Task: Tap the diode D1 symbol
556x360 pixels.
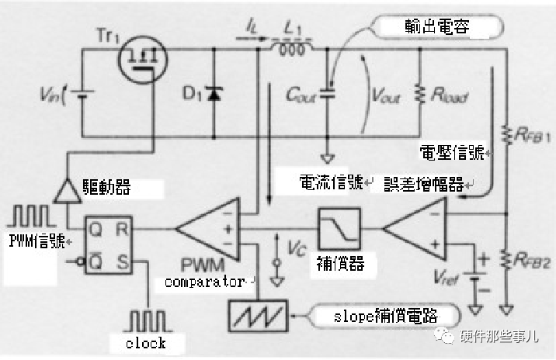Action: click(x=213, y=95)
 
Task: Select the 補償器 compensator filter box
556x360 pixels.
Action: click(x=339, y=229)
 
